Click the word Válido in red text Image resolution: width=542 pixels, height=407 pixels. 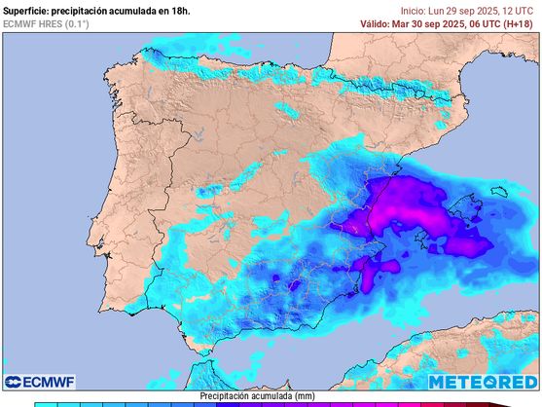point(378,22)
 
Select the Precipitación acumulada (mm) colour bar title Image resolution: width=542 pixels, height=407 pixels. point(257,396)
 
